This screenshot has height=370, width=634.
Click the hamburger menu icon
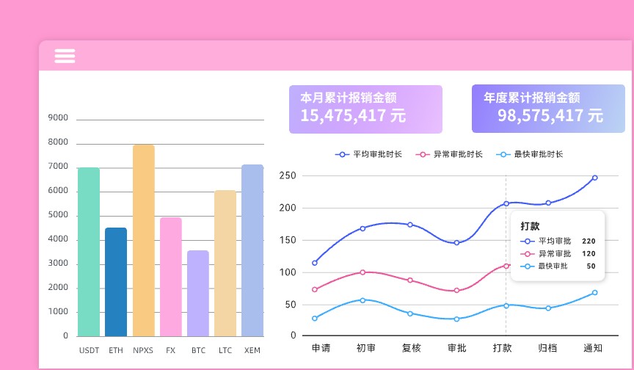coord(65,56)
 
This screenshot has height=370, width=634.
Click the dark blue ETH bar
coord(116,282)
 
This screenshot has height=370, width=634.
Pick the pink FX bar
coord(170,277)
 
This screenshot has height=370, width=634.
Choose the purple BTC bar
coord(198,293)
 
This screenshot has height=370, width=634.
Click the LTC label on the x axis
coord(225,351)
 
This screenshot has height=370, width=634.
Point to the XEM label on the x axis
coord(252,351)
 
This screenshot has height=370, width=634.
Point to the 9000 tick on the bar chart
coord(58,118)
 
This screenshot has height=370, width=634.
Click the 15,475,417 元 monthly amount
coord(352,115)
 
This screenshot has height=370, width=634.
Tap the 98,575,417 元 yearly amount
coord(550,115)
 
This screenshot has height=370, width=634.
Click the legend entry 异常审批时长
coord(450,154)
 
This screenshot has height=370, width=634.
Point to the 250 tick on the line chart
coord(287,176)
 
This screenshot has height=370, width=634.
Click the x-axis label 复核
coord(411,348)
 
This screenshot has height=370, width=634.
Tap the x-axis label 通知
coord(593,348)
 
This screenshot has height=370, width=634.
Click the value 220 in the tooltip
coord(589,241)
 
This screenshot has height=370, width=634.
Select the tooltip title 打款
coord(530,225)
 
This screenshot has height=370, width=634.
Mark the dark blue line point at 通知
coord(594,178)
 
